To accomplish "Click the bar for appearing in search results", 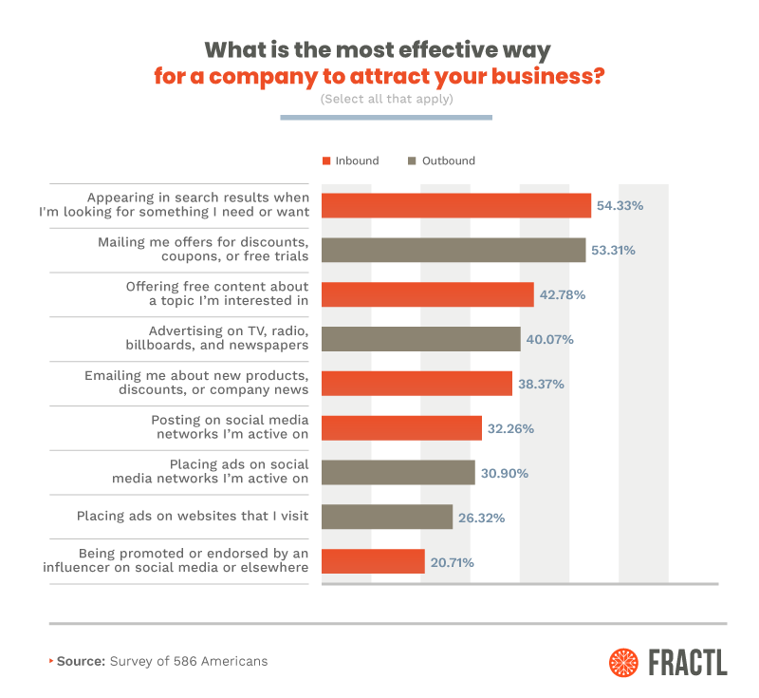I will coord(456,205).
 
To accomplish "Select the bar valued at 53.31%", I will coord(454,250).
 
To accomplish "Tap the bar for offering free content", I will coord(428,294).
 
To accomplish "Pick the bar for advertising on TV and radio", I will coord(421,339).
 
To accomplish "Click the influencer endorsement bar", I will coord(373,561).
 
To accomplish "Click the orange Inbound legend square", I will coord(325,160).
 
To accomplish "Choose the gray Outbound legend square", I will coord(412,160).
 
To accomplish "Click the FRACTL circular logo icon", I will coord(625,661).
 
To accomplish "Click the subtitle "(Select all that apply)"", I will coord(386,99).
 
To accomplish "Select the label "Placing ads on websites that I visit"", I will coord(193,517).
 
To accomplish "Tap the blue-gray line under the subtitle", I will coord(386,118).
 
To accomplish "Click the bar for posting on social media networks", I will coord(402,428).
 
